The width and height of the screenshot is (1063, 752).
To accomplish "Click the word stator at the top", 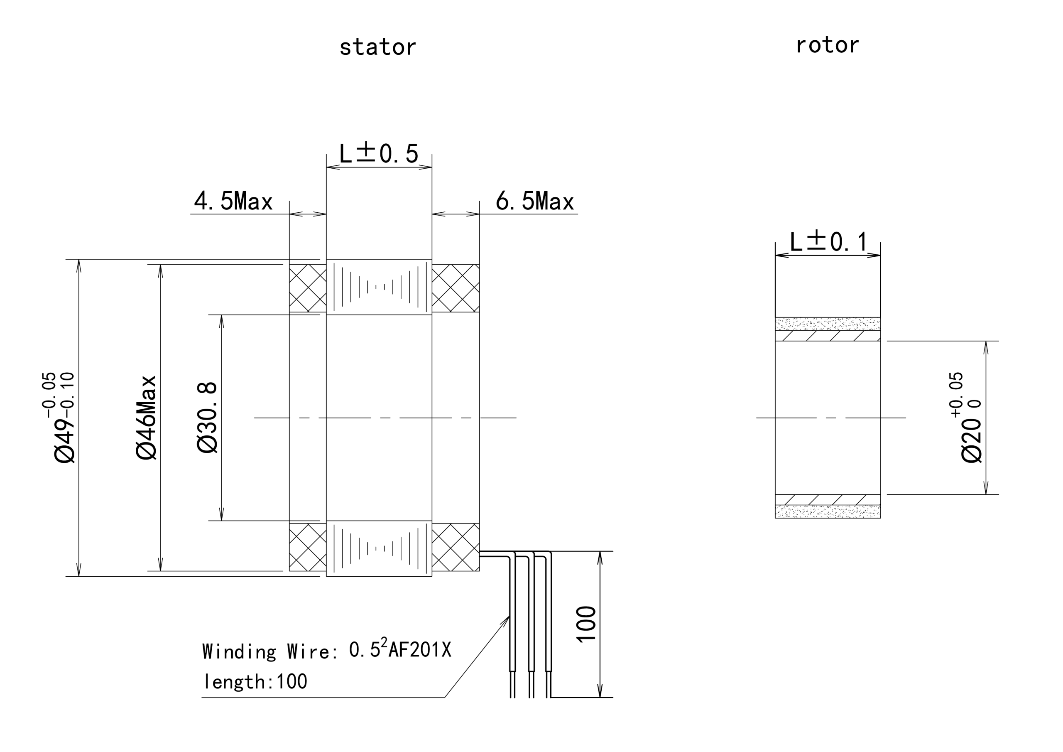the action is point(377,47).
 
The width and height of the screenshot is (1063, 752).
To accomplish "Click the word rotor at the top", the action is point(827,45).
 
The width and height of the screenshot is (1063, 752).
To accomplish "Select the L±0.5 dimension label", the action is point(379,153).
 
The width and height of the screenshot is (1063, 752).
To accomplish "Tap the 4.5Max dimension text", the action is point(233,201).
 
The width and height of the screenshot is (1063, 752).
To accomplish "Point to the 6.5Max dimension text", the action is point(535,201).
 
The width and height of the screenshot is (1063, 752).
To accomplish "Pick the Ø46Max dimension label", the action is point(147,418).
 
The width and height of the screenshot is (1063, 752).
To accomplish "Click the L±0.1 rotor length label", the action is point(828,241).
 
